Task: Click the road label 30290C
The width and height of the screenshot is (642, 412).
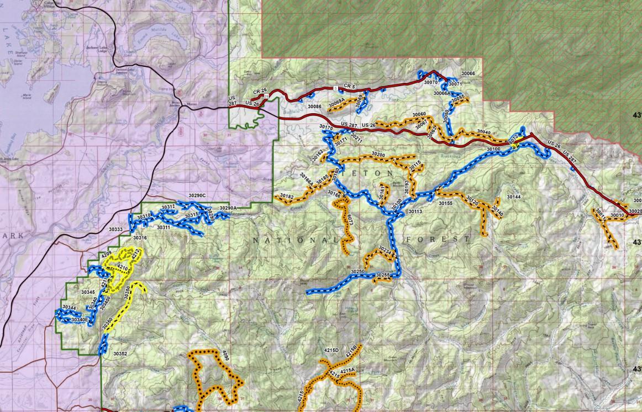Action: coord(197,196)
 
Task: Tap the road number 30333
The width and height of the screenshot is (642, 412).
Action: coord(116,229)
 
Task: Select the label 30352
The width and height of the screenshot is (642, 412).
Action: coord(120,353)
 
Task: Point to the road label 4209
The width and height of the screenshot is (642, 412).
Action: coord(107,253)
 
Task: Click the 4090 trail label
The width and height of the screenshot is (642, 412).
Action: coord(224,356)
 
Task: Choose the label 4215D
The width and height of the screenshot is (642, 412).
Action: coord(331,350)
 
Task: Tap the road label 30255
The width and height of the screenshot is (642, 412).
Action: coord(383,275)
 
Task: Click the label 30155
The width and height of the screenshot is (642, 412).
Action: coord(445,203)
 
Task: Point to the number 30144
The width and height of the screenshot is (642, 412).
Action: coord(513,197)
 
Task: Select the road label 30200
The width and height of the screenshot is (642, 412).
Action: coord(378,154)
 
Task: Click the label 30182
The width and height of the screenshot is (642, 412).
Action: coord(287,196)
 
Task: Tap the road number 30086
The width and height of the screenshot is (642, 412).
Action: coord(314,106)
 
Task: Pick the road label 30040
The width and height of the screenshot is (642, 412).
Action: coord(483,133)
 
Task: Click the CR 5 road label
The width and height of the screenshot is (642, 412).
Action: coord(348,86)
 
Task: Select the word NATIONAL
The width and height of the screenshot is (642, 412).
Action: coord(294,240)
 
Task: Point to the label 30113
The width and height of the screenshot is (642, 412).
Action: coord(415,212)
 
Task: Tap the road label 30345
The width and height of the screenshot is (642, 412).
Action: coord(88,291)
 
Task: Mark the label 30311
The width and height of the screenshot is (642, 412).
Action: coord(164,227)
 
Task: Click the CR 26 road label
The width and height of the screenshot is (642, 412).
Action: coord(260,91)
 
